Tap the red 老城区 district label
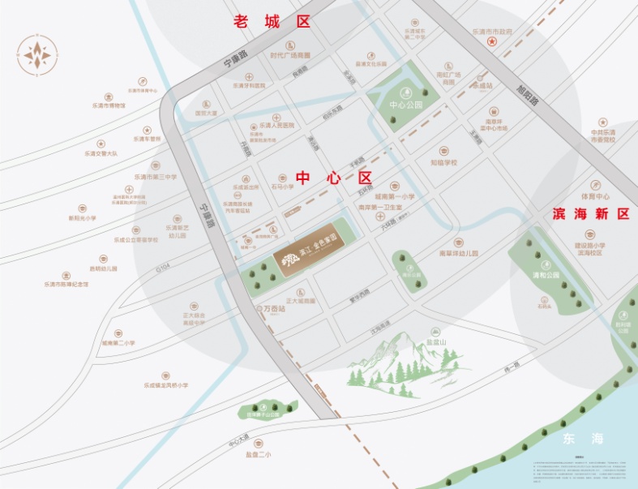271,22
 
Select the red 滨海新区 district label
590,214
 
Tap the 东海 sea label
583,439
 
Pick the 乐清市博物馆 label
108,105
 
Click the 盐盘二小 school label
258,454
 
